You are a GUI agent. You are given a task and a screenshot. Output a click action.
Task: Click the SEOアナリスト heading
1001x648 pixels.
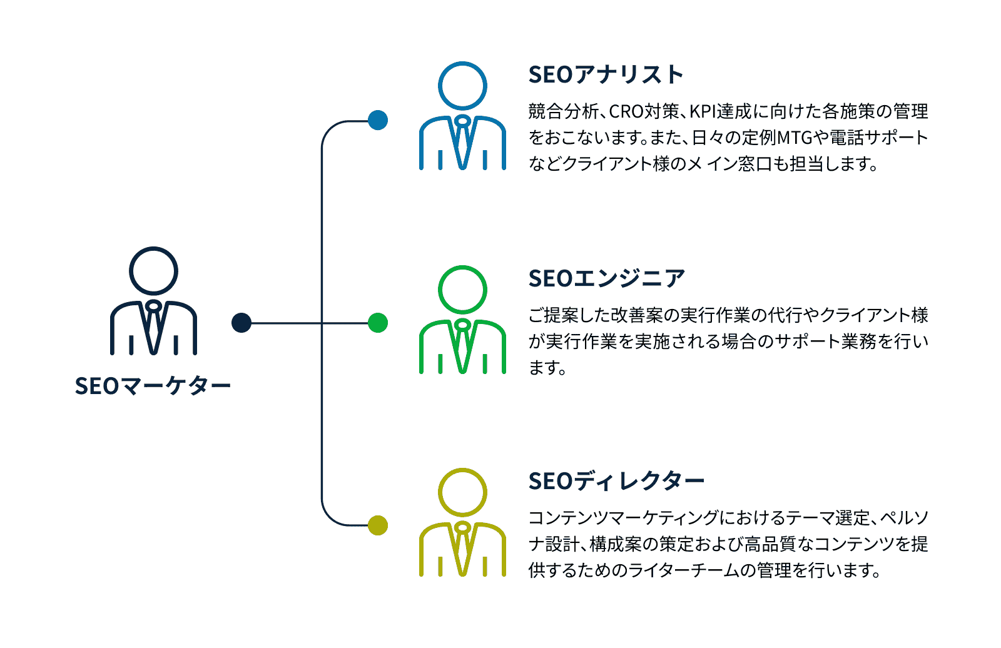(x=606, y=74)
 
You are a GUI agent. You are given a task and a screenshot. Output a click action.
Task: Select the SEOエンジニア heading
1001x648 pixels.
(x=606, y=278)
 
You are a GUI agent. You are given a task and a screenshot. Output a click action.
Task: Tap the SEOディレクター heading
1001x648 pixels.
(x=616, y=481)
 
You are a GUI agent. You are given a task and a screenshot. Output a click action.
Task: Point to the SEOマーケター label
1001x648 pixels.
(x=153, y=386)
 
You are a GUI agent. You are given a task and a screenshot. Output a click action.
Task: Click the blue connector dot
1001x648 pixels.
(x=378, y=120)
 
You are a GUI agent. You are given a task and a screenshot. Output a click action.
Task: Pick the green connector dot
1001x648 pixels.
(x=378, y=323)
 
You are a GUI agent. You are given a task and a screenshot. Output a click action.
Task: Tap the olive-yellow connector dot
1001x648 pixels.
(x=378, y=525)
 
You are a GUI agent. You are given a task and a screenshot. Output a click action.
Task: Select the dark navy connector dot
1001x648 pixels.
(x=241, y=323)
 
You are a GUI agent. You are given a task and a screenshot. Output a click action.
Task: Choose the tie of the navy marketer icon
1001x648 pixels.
(x=153, y=328)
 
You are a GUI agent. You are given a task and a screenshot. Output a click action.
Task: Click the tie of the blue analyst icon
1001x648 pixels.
(x=462, y=143)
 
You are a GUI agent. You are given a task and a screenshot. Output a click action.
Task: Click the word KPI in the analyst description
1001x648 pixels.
(x=703, y=112)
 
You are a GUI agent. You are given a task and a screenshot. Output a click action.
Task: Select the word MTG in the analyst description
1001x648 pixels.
(x=795, y=138)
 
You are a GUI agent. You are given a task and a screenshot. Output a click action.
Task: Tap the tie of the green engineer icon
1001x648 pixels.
(x=462, y=347)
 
